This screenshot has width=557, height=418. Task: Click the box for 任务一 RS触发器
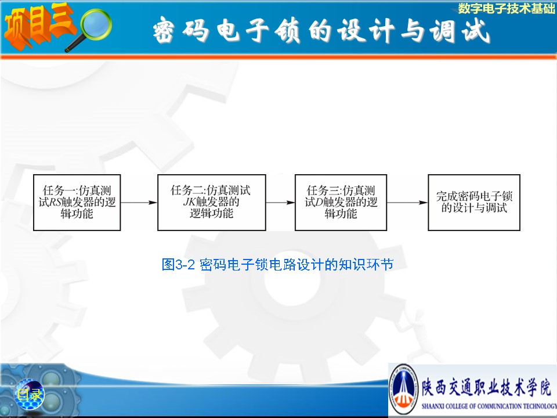[77, 203]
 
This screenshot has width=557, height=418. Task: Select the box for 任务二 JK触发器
[212, 203]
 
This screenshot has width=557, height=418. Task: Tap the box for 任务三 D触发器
[341, 203]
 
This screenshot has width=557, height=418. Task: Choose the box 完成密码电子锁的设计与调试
[474, 203]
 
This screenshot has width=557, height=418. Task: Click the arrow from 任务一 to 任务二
[139, 203]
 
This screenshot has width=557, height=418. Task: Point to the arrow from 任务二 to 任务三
[280, 203]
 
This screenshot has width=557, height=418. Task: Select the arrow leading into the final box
[407, 203]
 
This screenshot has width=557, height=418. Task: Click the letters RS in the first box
[55, 202]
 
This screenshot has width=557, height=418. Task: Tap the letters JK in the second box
[189, 202]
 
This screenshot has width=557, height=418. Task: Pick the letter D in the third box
[319, 202]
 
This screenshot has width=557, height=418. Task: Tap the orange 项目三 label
[38, 26]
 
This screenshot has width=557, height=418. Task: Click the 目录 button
[29, 394]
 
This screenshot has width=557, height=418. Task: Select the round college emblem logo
[404, 390]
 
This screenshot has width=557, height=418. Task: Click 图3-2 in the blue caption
[178, 265]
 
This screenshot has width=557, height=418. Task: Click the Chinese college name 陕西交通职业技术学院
[487, 387]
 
